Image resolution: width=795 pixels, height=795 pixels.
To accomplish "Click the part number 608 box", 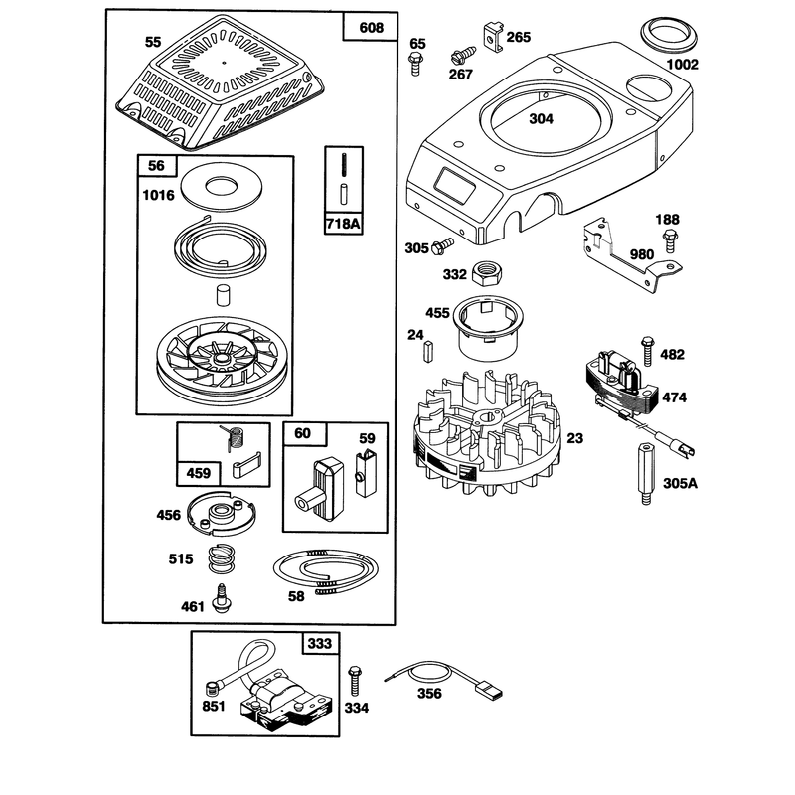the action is (x=370, y=27).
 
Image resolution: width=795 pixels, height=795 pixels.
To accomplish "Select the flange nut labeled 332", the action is (x=487, y=274).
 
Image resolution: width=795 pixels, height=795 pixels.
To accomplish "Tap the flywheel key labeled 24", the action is (x=428, y=351).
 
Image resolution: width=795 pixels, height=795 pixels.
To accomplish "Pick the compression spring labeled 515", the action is (x=222, y=558).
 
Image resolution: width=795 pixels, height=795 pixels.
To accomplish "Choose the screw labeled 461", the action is (x=221, y=598).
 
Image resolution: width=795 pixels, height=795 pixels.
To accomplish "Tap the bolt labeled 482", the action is (x=647, y=351).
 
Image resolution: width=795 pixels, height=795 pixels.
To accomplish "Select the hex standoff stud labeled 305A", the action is (x=645, y=474).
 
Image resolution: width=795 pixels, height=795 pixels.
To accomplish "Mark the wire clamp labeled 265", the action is (x=493, y=36).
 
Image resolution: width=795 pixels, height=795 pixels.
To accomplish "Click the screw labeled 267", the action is (x=463, y=56).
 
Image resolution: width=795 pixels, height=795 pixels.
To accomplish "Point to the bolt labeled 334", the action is (x=355, y=681).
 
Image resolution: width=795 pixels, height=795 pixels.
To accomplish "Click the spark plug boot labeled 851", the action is (x=212, y=689).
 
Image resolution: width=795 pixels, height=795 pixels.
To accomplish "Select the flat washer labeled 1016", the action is (x=222, y=187).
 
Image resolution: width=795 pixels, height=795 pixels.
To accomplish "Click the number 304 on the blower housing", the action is (x=541, y=118).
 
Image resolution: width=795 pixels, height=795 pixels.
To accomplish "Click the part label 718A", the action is (x=344, y=224).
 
